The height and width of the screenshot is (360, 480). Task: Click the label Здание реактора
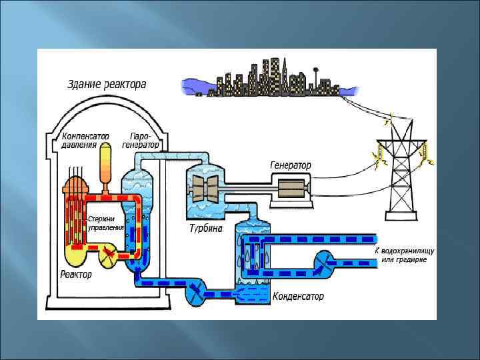click(107, 85)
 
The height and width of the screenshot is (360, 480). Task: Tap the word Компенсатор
click(85, 135)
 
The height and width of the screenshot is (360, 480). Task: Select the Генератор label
click(290, 165)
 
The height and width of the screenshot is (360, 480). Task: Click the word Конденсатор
click(298, 295)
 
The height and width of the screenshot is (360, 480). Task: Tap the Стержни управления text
click(106, 223)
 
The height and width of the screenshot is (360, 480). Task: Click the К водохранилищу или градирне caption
click(404, 254)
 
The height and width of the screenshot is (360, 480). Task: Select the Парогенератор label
click(141, 139)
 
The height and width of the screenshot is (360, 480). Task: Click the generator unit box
click(290, 188)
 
